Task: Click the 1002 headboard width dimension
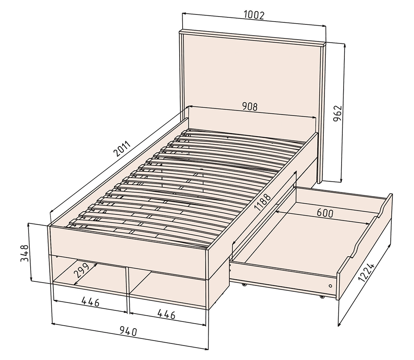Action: click(254, 15)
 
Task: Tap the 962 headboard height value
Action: click(337, 113)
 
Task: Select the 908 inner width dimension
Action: click(250, 106)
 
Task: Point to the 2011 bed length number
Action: click(122, 149)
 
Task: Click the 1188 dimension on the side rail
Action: click(262, 202)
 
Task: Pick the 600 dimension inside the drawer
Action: click(325, 213)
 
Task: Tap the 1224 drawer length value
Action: click(366, 273)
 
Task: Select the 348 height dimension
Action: click(24, 253)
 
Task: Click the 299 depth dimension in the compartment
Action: click(82, 271)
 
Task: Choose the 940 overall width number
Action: click(128, 331)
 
